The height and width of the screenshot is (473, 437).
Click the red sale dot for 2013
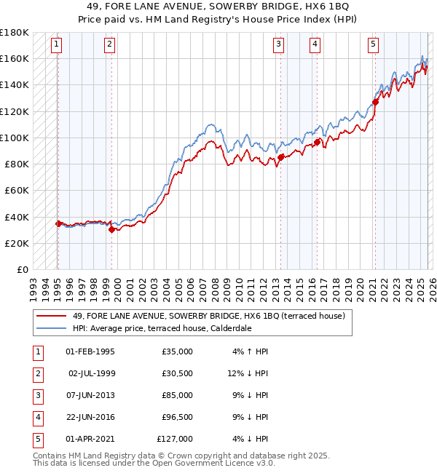tap(280, 157)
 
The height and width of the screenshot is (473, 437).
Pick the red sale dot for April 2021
tap(375, 102)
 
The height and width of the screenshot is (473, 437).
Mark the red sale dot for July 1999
tap(111, 229)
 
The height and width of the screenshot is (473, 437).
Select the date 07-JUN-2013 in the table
tap(90, 395)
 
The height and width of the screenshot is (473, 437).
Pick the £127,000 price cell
tap(175, 439)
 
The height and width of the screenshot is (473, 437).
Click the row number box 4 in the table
tap(36, 417)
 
